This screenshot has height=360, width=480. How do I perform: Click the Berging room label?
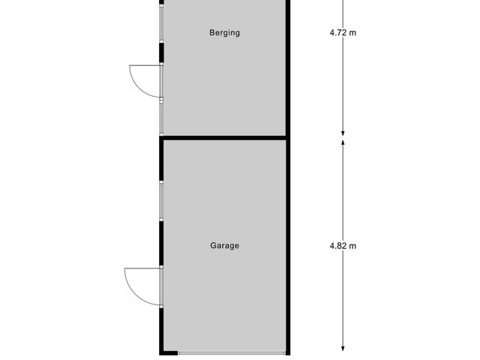[225, 33]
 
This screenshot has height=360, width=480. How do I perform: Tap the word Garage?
[225, 245]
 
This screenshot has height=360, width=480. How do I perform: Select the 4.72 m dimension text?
[343, 33]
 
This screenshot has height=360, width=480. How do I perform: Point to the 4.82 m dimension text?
[343, 245]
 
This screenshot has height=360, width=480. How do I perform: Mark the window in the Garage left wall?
[162, 200]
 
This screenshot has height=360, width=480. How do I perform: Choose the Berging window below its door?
[162, 116]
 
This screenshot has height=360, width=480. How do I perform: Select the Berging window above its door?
[162, 26]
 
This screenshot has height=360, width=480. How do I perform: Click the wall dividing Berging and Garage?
[225, 137]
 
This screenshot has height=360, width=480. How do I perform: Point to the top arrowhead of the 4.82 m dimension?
[343, 142]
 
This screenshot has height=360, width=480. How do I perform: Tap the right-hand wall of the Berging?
[287, 67]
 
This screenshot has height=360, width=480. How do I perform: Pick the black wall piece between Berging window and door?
[162, 52]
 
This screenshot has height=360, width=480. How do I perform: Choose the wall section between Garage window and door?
[162, 243]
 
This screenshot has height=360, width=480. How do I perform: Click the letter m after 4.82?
[352, 245]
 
